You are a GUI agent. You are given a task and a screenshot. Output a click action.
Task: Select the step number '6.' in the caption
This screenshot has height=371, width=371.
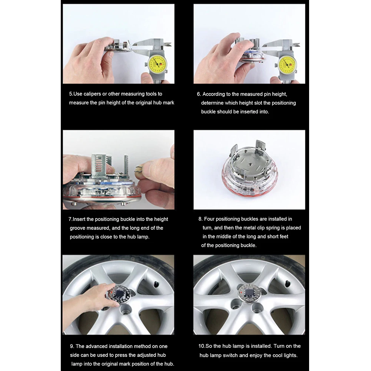coord(199,94)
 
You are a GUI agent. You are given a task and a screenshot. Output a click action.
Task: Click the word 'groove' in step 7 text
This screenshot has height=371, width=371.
coord(77,228)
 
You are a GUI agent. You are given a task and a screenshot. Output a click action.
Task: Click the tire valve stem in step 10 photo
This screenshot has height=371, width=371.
coord(287,284)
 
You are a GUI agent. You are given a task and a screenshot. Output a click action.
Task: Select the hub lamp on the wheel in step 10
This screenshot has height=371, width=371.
coord(247,293)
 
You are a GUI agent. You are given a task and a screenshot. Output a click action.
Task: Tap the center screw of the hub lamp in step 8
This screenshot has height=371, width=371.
coord(250,163)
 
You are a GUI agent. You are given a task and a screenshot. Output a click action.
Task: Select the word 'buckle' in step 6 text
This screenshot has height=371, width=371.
coord(208,112)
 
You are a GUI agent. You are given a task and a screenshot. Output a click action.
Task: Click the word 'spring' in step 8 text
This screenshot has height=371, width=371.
coord(272,228)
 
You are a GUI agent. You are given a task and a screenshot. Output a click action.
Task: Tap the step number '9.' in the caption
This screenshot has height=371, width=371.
coord(72,347)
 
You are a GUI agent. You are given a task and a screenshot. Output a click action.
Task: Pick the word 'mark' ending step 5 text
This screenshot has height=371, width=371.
coord(169,103)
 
